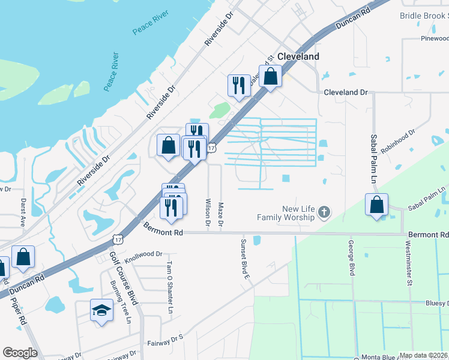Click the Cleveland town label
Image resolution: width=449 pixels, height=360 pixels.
click(x=298, y=56)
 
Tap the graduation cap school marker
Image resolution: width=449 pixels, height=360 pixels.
click(x=101, y=311)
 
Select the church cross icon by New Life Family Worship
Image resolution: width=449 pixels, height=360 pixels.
click(x=324, y=212)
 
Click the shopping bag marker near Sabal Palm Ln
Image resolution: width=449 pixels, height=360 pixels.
click(x=376, y=205)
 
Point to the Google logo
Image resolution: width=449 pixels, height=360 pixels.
click(x=20, y=353)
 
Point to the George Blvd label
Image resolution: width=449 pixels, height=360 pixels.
click(x=351, y=258)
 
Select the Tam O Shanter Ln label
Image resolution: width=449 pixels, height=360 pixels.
click(x=169, y=291)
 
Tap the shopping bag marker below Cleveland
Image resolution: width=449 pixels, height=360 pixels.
click(x=271, y=77)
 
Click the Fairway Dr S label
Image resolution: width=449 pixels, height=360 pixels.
click(x=164, y=341)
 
